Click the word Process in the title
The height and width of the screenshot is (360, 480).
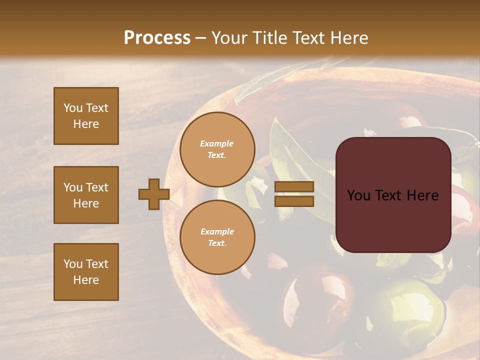[157, 38]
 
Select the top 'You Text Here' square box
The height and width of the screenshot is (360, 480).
[86, 116]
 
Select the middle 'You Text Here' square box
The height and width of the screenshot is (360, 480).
[86, 195]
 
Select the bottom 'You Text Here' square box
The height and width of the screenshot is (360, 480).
[86, 272]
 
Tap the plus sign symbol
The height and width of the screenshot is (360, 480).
[154, 194]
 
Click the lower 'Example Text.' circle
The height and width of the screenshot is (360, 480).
[217, 237]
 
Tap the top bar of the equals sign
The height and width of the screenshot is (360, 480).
[294, 187]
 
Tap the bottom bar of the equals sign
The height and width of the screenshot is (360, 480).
[294, 201]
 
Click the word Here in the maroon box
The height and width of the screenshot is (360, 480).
[422, 195]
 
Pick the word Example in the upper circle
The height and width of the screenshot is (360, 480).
[217, 143]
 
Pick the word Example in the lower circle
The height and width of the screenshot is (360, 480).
[217, 231]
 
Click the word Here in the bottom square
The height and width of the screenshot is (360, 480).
[86, 280]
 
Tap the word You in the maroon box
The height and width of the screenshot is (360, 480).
[358, 195]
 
